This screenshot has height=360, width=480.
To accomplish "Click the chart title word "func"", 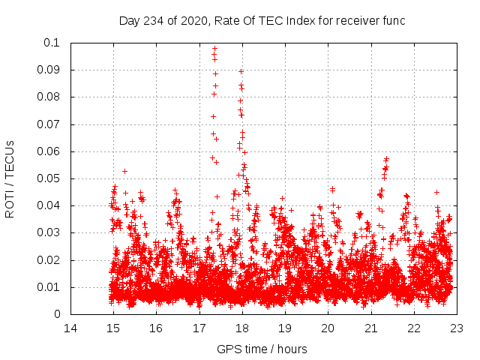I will (x=392, y=21).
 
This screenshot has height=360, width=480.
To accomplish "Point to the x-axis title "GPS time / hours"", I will (x=262, y=349).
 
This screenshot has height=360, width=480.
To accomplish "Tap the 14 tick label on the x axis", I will (x=70, y=328).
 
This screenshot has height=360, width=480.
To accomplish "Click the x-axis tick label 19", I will (x=285, y=328).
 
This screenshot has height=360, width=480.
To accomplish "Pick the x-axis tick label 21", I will (x=371, y=328).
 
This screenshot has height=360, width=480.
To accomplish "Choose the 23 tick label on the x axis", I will (x=457, y=328).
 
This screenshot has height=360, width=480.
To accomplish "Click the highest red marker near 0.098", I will (x=214, y=48).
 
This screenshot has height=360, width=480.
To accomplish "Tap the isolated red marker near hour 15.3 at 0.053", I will (x=124, y=171).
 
